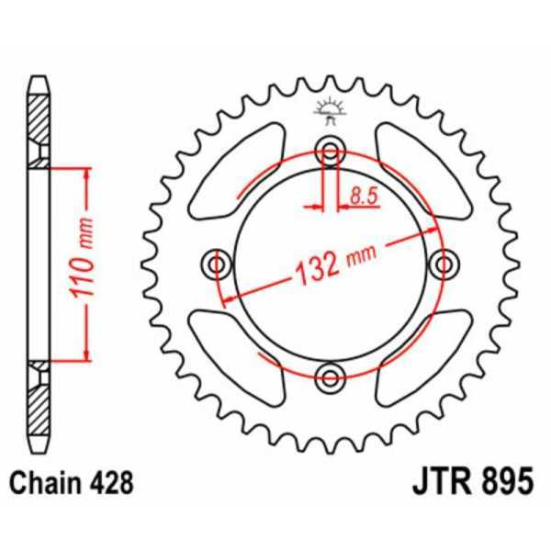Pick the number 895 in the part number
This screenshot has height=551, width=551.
click(x=501, y=481)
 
